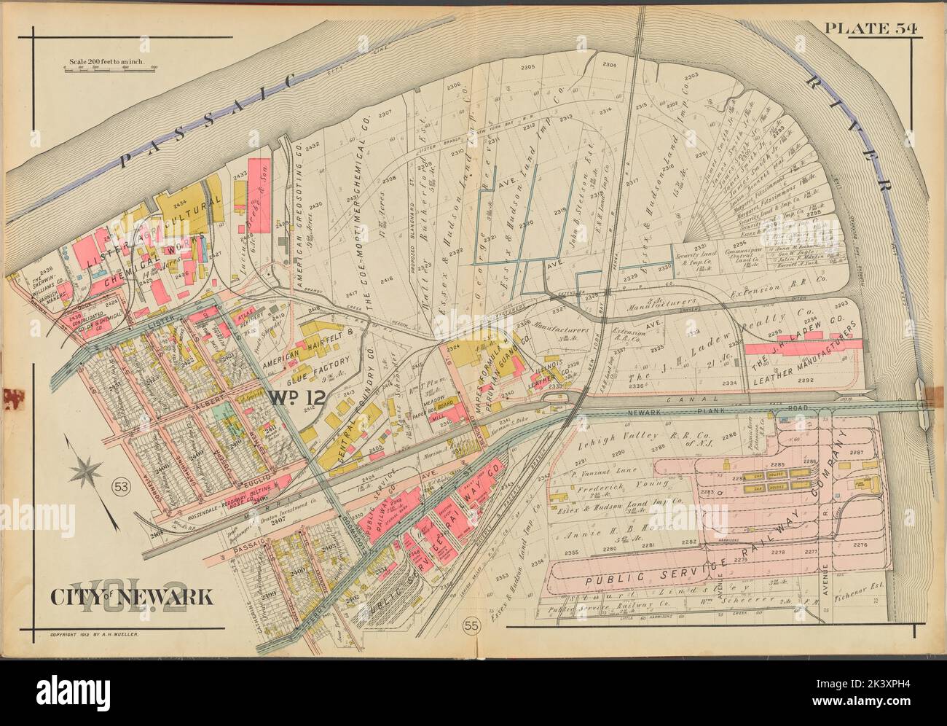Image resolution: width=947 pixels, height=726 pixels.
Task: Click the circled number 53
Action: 122,487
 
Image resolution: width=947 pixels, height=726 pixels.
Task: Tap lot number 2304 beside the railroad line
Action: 609,66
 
